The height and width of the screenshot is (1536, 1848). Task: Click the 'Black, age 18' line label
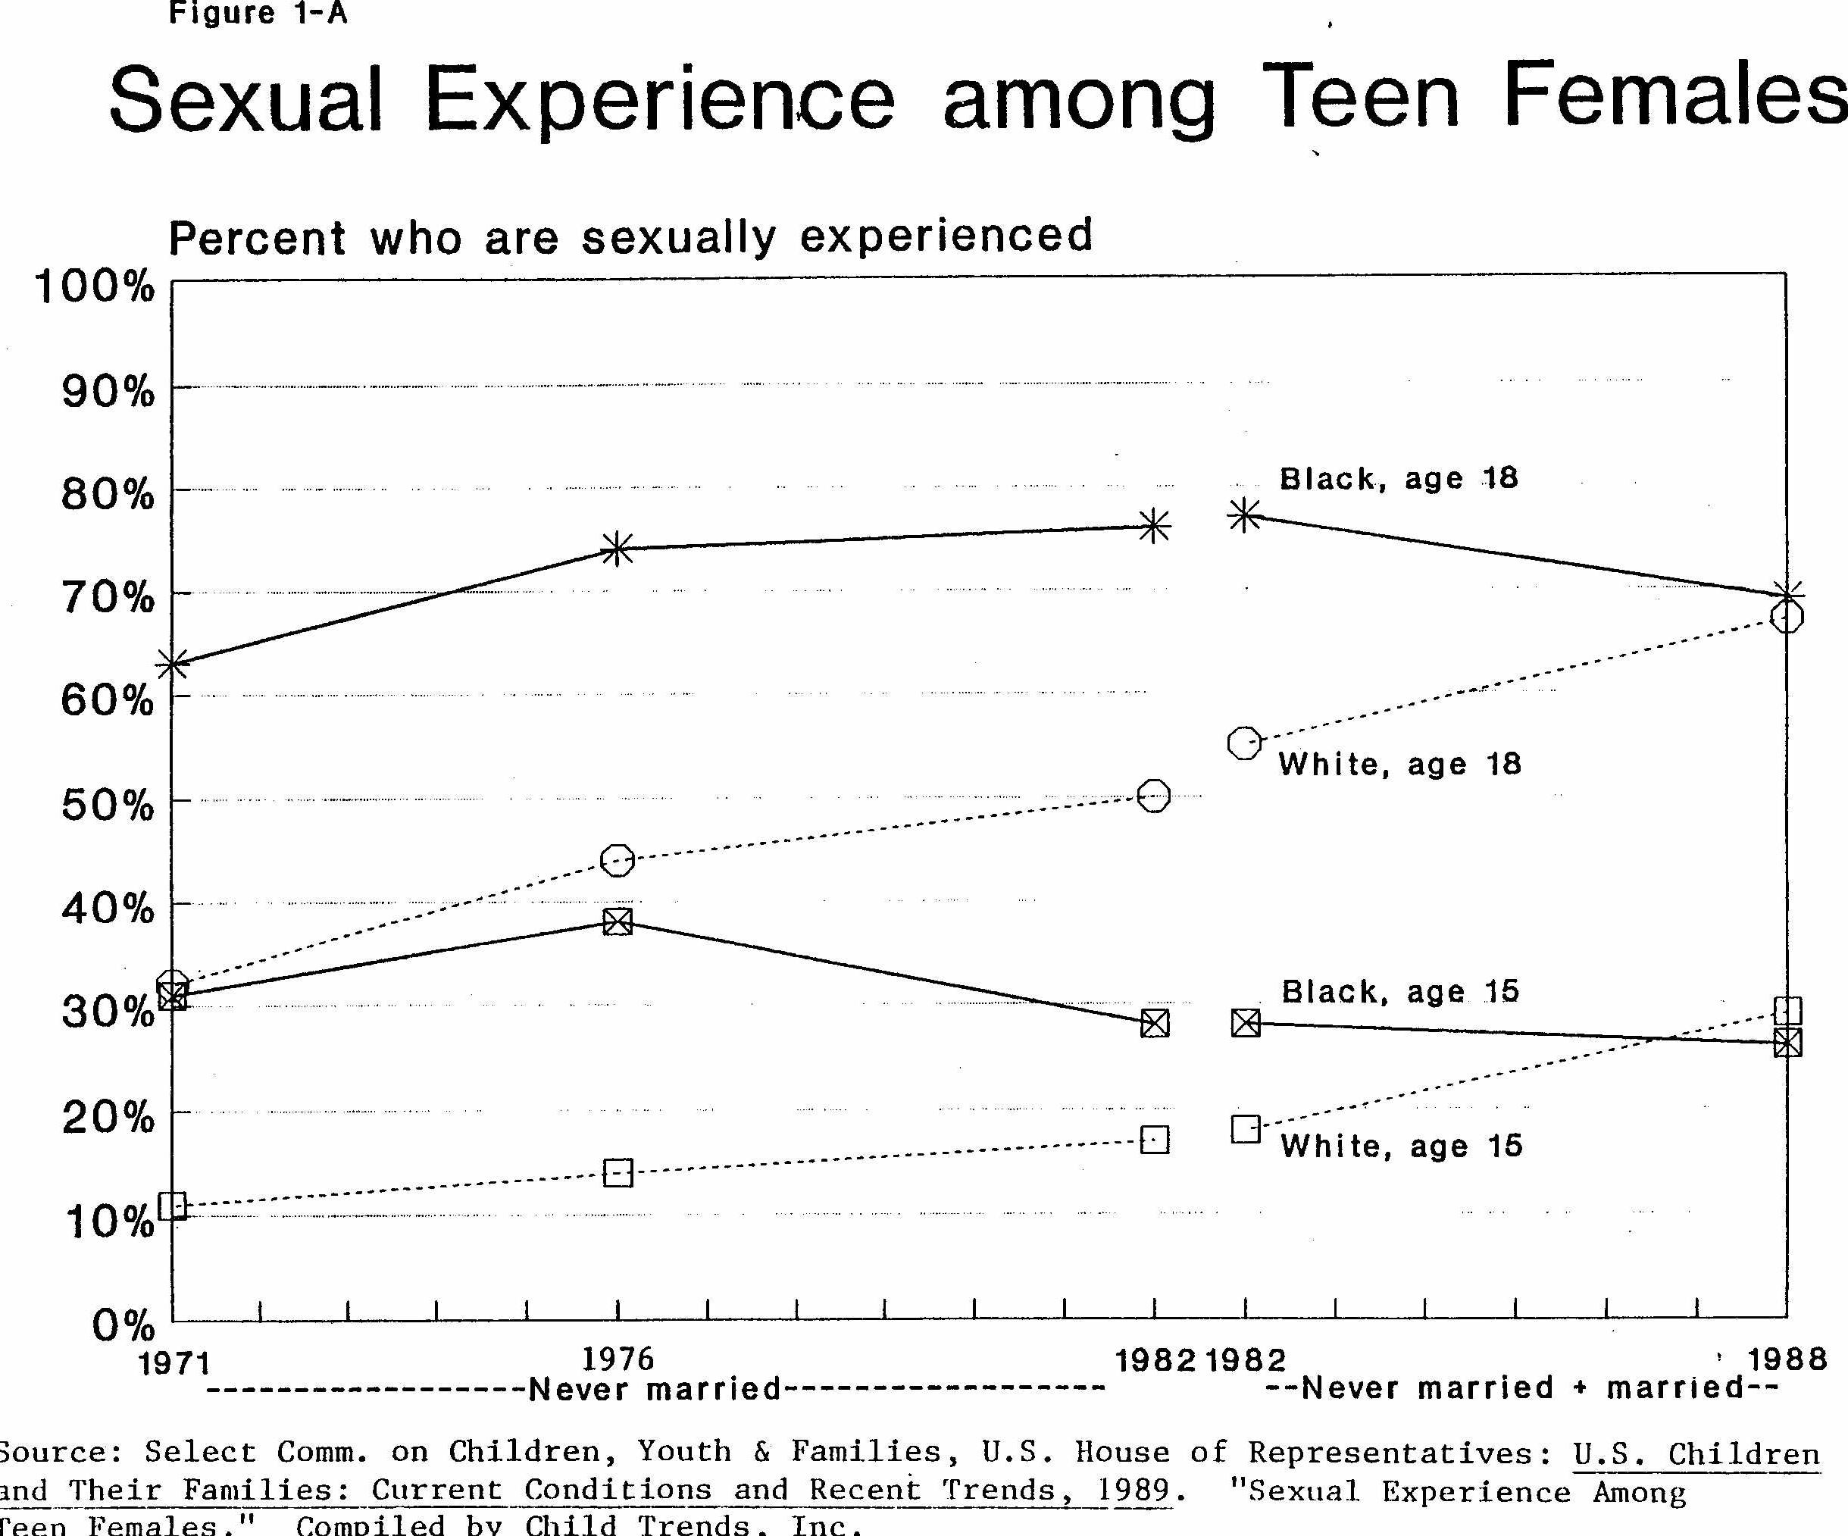pyautogui.click(x=1399, y=479)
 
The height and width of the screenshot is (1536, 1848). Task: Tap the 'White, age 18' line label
pyautogui.click(x=1399, y=764)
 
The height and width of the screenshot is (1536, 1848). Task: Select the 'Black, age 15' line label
pyautogui.click(x=1400, y=992)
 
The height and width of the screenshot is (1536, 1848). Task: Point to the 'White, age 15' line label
pyautogui.click(x=1401, y=1146)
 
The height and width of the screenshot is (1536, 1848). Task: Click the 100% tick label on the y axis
pyautogui.click(x=94, y=287)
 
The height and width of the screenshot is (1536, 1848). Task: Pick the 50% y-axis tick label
pyautogui.click(x=108, y=806)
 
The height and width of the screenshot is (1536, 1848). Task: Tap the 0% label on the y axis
pyautogui.click(x=124, y=1325)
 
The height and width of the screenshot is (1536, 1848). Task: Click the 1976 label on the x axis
pyautogui.click(x=618, y=1359)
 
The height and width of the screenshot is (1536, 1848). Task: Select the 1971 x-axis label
pyautogui.click(x=174, y=1363)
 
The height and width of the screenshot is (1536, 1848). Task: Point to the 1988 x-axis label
pyautogui.click(x=1787, y=1360)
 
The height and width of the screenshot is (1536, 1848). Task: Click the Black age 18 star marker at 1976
pyautogui.click(x=618, y=549)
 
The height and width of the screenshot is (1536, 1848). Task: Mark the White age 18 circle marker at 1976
pyautogui.click(x=618, y=860)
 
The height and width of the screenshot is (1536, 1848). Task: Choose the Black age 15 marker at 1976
pyautogui.click(x=618, y=921)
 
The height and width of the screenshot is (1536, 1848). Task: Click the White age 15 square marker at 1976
pyautogui.click(x=618, y=1173)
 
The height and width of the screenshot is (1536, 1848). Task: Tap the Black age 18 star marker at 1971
pyautogui.click(x=174, y=664)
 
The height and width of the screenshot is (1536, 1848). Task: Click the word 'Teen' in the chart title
pyautogui.click(x=1361, y=99)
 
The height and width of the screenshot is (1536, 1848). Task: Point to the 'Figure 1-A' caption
pyautogui.click(x=258, y=14)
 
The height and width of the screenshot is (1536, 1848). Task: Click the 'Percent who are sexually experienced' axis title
pyautogui.click(x=630, y=238)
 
